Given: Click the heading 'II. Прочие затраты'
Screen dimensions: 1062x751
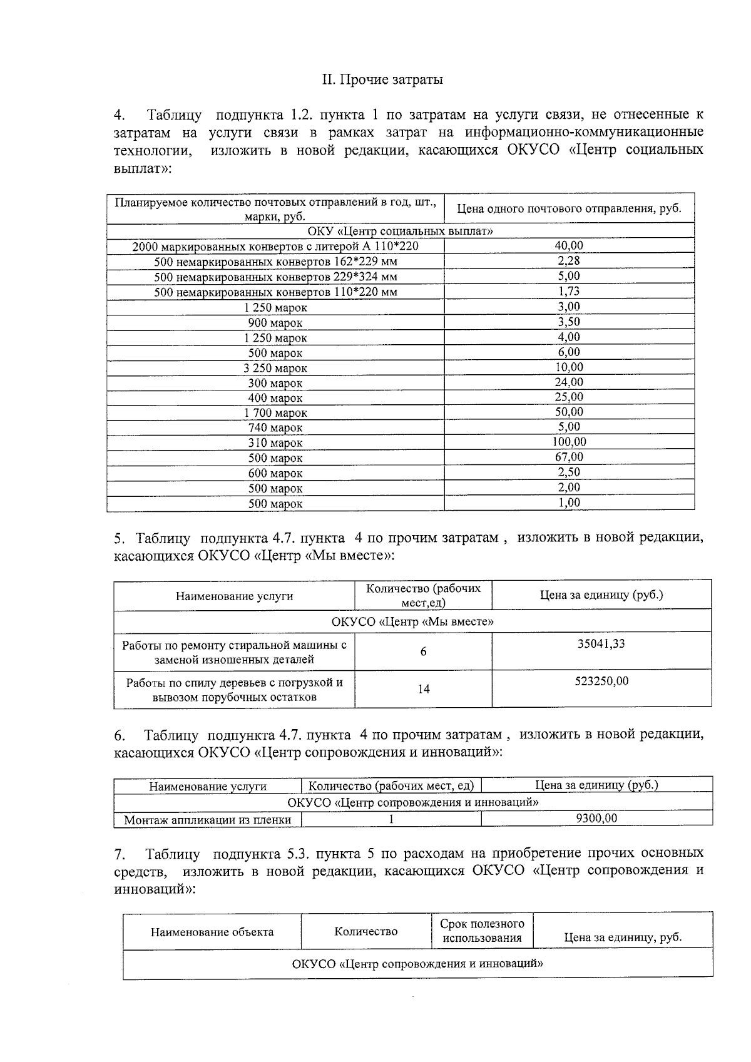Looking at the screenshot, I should [382, 80].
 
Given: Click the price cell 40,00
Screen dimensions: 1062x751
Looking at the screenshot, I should [568, 246].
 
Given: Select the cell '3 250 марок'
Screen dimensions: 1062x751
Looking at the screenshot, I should [275, 368].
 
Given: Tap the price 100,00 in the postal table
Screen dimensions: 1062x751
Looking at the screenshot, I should [568, 442].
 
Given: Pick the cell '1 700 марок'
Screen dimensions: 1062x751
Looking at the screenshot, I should [275, 413].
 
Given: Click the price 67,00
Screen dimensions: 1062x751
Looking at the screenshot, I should [568, 457].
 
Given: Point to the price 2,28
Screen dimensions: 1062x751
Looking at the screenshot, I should [568, 261].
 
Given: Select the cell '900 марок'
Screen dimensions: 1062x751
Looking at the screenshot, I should [275, 323].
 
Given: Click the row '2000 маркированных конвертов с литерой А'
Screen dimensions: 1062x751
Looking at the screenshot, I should [275, 247].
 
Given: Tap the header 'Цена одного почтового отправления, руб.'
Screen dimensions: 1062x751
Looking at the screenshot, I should [568, 209].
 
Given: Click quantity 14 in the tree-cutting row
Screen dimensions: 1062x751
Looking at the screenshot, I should [423, 689].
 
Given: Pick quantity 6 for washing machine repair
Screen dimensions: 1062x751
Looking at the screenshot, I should [423, 651].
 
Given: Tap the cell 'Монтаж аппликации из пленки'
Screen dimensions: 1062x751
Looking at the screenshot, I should [207, 820].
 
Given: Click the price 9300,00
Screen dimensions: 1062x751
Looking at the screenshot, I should [596, 818].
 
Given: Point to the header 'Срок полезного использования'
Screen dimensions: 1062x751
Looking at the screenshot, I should [481, 931].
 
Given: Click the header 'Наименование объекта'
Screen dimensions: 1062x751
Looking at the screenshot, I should [212, 932].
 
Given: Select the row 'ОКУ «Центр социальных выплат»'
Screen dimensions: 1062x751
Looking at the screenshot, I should [401, 232].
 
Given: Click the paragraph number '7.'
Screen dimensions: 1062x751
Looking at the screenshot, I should [120, 854].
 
